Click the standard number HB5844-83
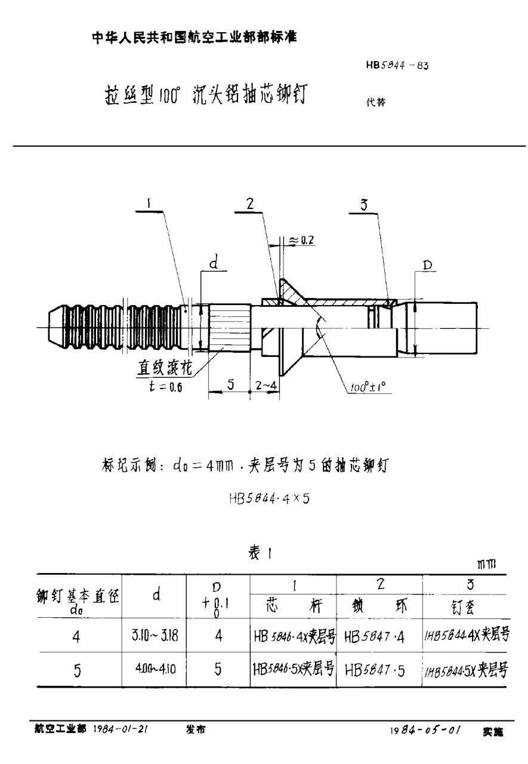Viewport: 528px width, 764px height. point(394,66)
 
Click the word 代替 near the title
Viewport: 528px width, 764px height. point(375,102)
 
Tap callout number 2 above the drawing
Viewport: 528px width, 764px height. point(251,203)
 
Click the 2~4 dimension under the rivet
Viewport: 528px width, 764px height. point(265,386)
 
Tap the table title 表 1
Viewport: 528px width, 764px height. point(261,554)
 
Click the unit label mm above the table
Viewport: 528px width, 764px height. point(493,564)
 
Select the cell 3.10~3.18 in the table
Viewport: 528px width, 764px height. point(155,636)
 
